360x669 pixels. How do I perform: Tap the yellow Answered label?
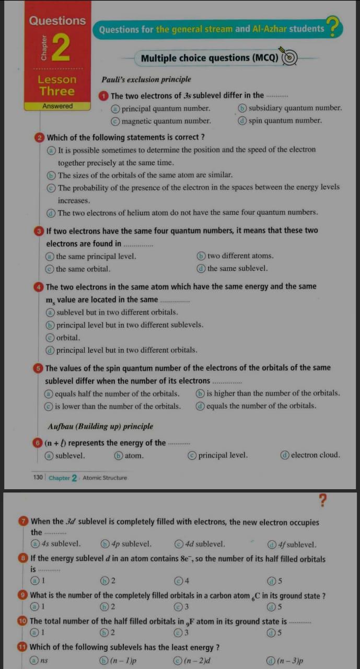pos(57,106)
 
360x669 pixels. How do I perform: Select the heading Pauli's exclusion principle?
pos(146,79)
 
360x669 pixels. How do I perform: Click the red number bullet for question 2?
pos(41,137)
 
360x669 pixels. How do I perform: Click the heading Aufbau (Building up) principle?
pos(100,426)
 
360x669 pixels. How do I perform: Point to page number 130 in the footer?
pos(38,478)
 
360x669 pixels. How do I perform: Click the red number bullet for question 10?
pos(24,621)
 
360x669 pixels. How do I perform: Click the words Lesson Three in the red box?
pos(57,86)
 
